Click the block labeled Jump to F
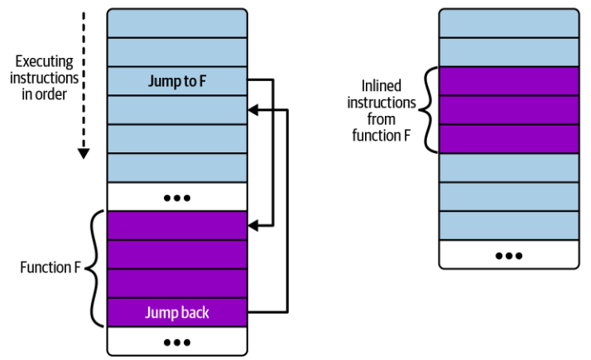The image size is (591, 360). (x=176, y=80)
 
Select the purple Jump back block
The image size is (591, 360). (x=176, y=313)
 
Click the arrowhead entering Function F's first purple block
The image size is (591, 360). (x=253, y=224)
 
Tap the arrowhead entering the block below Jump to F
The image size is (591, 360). (x=253, y=108)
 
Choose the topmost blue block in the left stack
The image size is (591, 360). (x=176, y=22)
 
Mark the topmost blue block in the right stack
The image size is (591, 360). (x=509, y=22)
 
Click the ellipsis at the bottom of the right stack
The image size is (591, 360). (x=509, y=255)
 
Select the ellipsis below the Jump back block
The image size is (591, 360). (x=176, y=341)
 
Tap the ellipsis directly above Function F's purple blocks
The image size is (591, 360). (x=176, y=197)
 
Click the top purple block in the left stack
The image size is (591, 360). (x=176, y=225)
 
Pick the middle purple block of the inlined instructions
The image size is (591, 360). (x=509, y=110)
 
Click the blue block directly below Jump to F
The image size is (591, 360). (x=176, y=109)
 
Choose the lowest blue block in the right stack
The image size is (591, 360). (x=509, y=225)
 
